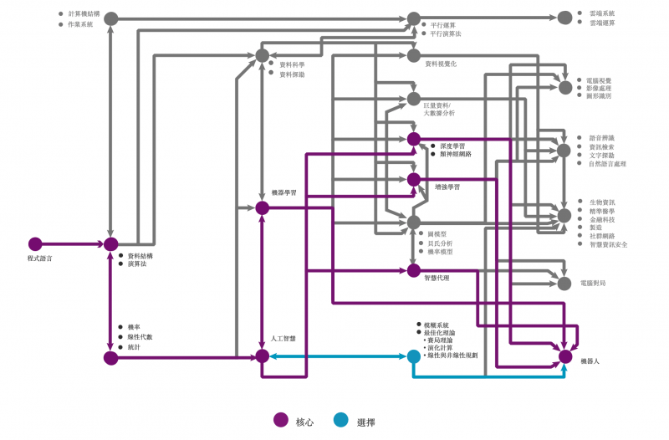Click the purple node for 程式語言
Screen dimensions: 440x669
[x=35, y=244]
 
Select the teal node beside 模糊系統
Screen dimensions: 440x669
[x=413, y=356]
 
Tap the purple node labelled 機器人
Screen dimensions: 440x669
[x=565, y=356]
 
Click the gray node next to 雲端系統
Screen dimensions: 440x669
[x=565, y=18]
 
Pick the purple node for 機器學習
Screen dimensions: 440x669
[x=262, y=207]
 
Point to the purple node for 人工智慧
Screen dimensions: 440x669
[x=262, y=356]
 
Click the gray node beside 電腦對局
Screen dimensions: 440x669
[x=565, y=284]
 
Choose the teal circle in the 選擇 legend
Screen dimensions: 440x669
[x=340, y=421]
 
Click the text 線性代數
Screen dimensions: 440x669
[x=140, y=336]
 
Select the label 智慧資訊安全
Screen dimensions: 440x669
[x=608, y=244]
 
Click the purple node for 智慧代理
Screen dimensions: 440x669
[x=413, y=270]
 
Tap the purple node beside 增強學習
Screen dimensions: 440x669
[x=413, y=180]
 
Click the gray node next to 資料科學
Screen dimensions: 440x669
[x=262, y=55]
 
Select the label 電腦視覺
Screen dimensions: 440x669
[x=599, y=80]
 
